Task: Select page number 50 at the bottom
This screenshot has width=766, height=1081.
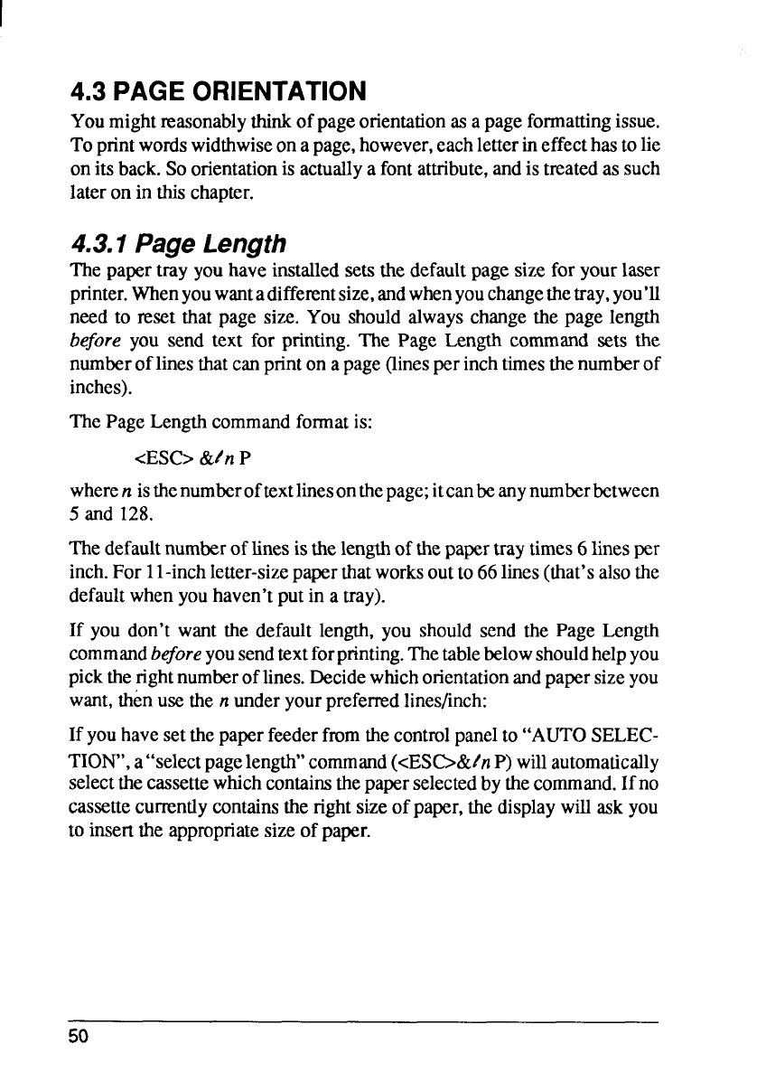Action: tap(80, 1036)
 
